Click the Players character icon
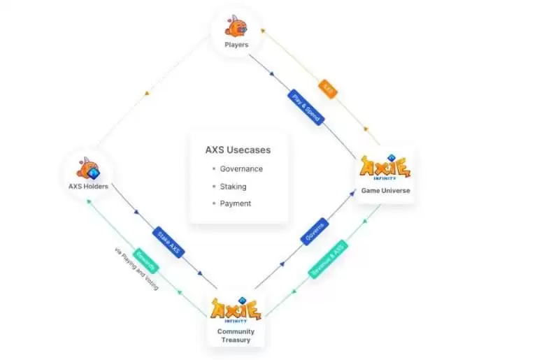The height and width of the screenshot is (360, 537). [x=236, y=26]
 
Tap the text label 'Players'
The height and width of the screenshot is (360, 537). [x=236, y=45]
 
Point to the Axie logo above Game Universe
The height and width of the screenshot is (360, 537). [x=385, y=168]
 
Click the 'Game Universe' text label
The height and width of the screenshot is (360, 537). [x=385, y=190]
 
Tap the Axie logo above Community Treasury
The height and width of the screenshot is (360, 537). [x=236, y=308]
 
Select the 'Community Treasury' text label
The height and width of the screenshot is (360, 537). [x=236, y=336]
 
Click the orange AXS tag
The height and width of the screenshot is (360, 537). [x=329, y=89]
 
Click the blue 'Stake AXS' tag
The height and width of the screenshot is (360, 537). [x=168, y=241]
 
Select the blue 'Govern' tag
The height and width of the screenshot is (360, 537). [x=315, y=231]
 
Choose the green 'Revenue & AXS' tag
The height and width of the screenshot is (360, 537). [x=327, y=260]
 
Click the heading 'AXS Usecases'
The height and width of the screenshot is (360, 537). [x=238, y=150]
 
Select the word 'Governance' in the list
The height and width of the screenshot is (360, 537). [x=241, y=169]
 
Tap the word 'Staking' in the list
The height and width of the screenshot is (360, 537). [x=233, y=187]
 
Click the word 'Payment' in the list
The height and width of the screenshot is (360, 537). [x=235, y=203]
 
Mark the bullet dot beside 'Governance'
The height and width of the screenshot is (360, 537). [x=213, y=169]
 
